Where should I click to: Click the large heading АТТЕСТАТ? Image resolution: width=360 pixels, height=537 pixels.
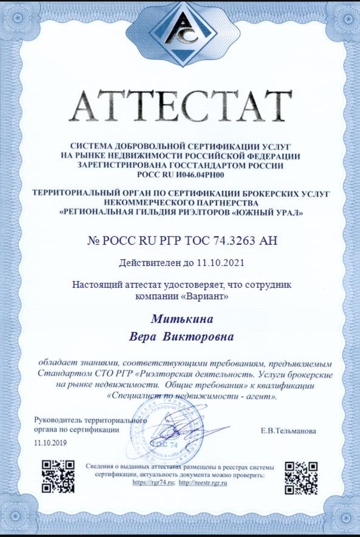[180, 106]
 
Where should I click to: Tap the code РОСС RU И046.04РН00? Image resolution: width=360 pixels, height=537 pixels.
[180, 174]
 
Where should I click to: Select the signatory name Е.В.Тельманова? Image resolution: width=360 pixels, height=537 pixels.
[288, 431]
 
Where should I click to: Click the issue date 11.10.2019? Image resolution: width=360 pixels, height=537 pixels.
[50, 442]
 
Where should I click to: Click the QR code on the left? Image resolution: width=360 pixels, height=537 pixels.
[58, 476]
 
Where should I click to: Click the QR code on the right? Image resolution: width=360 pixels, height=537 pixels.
[301, 477]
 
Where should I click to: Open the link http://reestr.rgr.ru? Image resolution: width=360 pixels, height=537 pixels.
[203, 482]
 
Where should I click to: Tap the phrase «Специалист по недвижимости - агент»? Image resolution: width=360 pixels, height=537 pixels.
[191, 396]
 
